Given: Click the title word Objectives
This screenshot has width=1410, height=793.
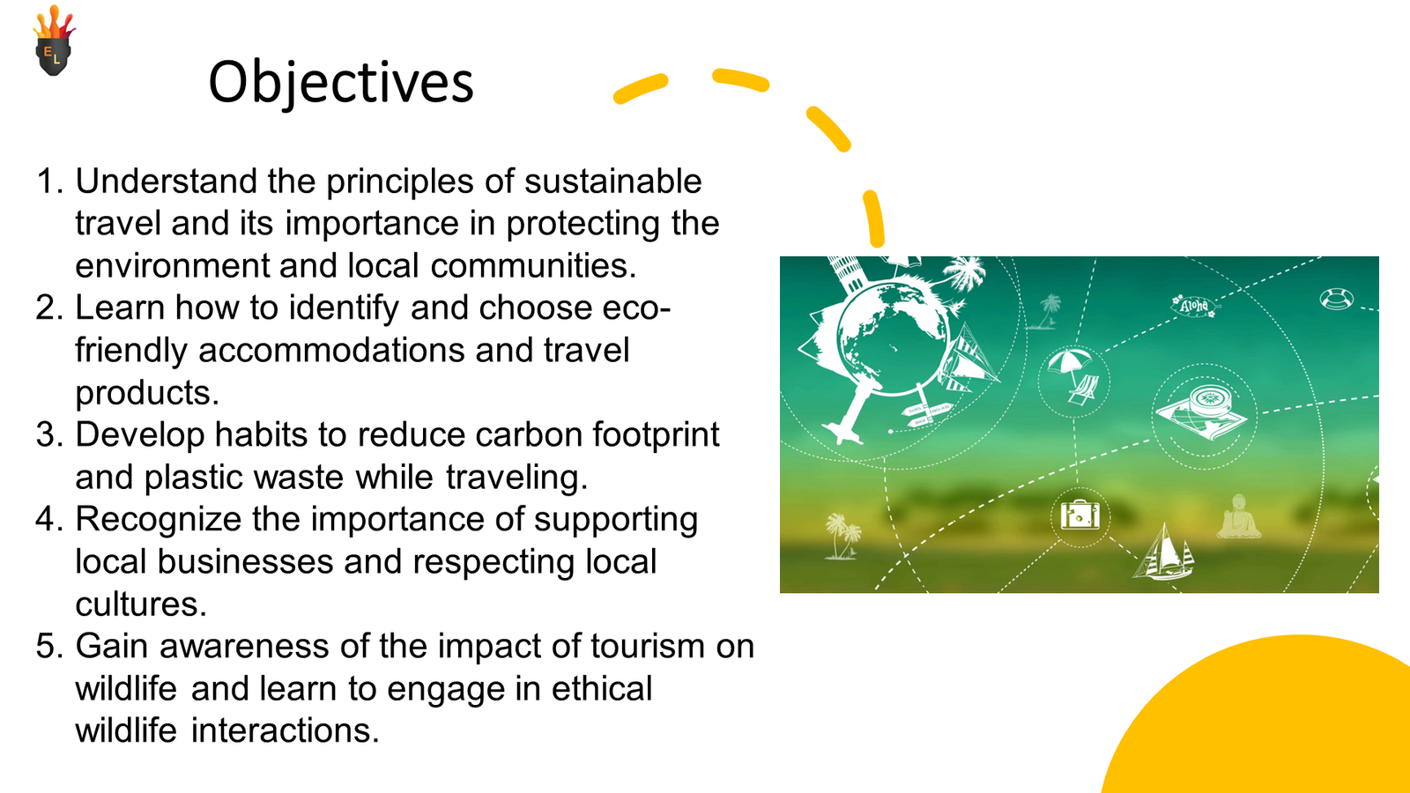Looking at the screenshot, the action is (340, 83).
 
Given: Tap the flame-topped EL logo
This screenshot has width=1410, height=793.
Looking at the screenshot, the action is (54, 41).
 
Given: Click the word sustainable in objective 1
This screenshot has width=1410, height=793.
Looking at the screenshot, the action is (613, 182).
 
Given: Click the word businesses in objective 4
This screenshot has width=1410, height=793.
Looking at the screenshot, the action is (245, 561).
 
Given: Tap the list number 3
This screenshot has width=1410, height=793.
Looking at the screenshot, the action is (49, 435).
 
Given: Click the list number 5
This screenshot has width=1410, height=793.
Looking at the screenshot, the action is (49, 647).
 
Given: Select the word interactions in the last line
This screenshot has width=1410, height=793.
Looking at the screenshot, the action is (286, 730).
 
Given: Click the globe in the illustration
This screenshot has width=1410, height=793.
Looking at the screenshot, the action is (893, 340).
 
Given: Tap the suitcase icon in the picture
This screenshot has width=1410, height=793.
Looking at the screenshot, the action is (1080, 515).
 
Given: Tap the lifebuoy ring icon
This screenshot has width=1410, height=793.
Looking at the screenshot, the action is (1336, 299).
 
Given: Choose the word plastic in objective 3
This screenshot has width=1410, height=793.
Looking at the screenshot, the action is (193, 478).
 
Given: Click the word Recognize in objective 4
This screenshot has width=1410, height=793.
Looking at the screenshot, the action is (159, 520).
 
